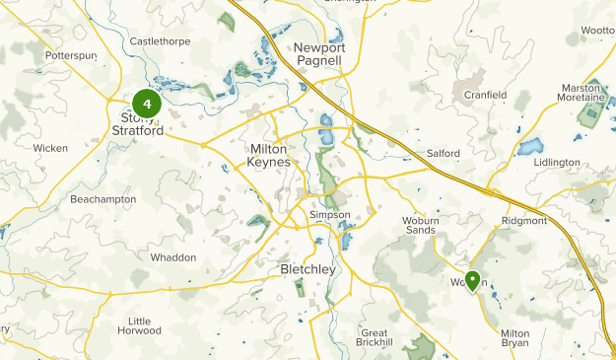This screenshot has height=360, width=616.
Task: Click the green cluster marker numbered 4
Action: tap(146, 103)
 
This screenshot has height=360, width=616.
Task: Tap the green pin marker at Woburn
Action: tap(472, 281)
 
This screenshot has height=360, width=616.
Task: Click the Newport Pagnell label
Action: tap(317, 54)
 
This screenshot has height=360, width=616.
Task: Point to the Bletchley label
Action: tap(308, 269)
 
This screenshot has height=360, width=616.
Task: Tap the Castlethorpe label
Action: tap(159, 41)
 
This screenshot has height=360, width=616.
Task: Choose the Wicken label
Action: tap(50, 148)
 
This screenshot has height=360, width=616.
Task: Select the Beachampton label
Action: tap(103, 199)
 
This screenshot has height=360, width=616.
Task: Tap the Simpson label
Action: tap(329, 214)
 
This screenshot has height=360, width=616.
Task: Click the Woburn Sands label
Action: tap(419, 226)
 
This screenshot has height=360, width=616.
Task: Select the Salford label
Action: tap(444, 153)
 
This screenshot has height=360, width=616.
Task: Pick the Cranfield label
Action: tap(486, 95)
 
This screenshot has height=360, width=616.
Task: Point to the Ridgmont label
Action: tap(524, 221)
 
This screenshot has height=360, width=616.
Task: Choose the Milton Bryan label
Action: tap(514, 339)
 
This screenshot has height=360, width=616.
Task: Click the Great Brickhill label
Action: tap(375, 336)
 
